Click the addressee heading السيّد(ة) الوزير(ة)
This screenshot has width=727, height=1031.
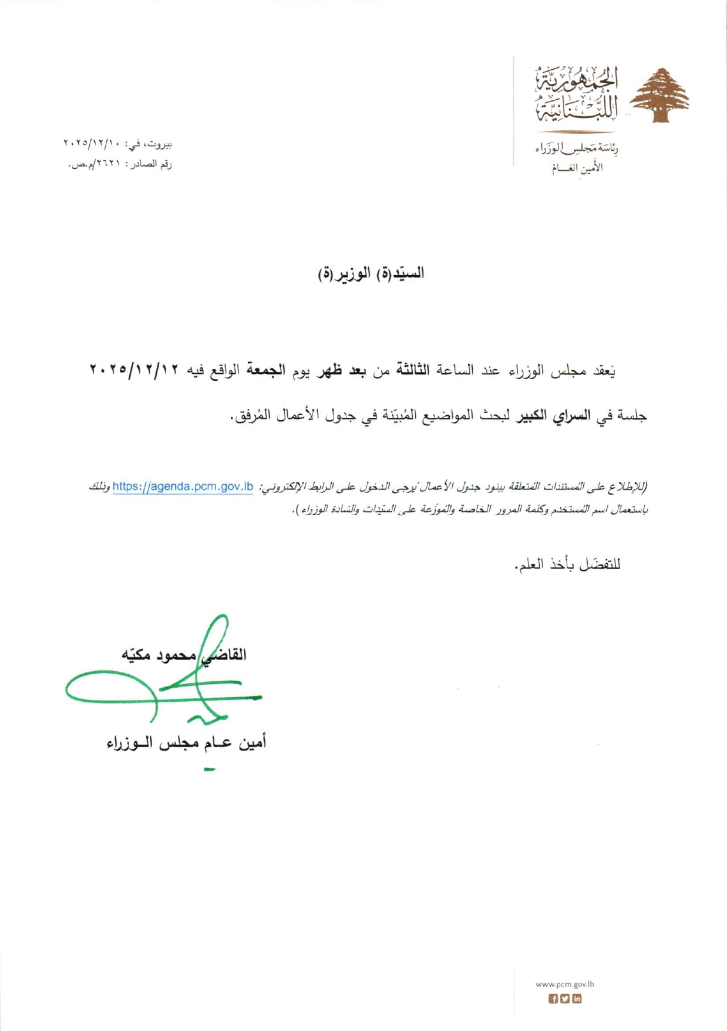tap(371, 273)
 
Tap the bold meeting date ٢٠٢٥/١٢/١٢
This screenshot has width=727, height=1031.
tap(136, 371)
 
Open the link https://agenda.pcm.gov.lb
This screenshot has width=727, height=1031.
tap(183, 487)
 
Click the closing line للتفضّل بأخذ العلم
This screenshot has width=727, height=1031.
tap(568, 565)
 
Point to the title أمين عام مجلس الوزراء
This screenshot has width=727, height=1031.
tap(186, 743)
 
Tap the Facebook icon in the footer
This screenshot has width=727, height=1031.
tap(553, 999)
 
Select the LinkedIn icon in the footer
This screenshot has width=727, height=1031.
tap(577, 999)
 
